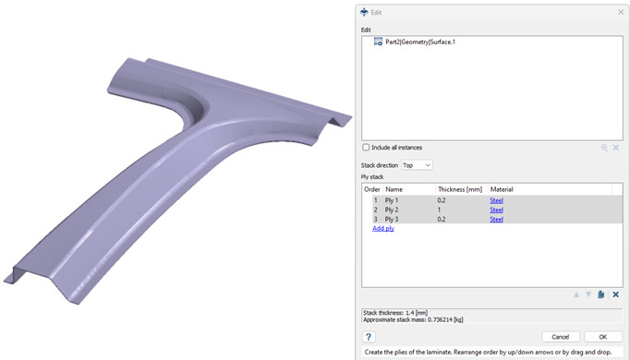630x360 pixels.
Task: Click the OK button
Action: [602, 337]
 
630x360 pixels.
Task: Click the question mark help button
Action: [369, 337]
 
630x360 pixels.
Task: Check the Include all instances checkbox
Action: [366, 148]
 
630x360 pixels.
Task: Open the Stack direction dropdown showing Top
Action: [417, 165]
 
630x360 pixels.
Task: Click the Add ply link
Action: [383, 228]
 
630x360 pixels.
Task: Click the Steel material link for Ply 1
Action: [497, 200]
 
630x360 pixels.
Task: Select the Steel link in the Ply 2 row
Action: [497, 210]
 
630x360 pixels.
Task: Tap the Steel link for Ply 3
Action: [497, 219]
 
